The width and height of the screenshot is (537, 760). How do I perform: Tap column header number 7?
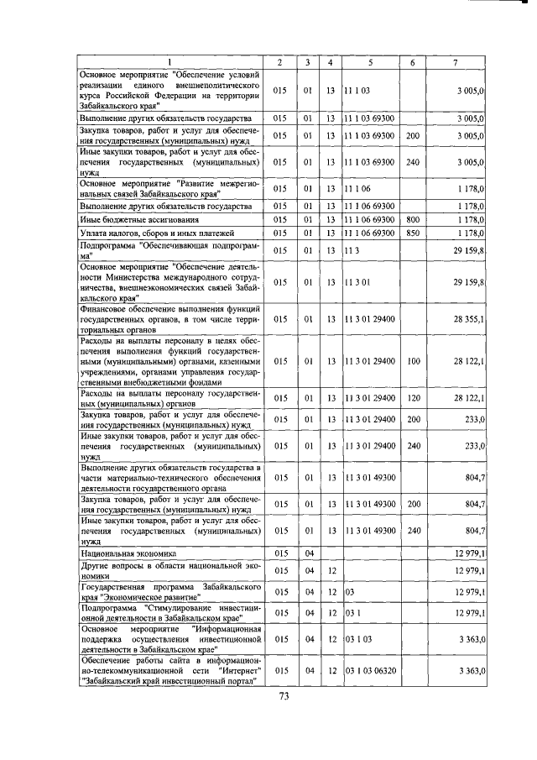point(454,62)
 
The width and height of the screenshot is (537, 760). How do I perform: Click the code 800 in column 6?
point(412,218)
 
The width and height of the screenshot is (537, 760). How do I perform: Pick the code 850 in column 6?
point(412,233)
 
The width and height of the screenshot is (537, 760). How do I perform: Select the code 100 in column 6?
point(412,360)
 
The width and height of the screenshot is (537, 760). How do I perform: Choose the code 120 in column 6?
point(412,397)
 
